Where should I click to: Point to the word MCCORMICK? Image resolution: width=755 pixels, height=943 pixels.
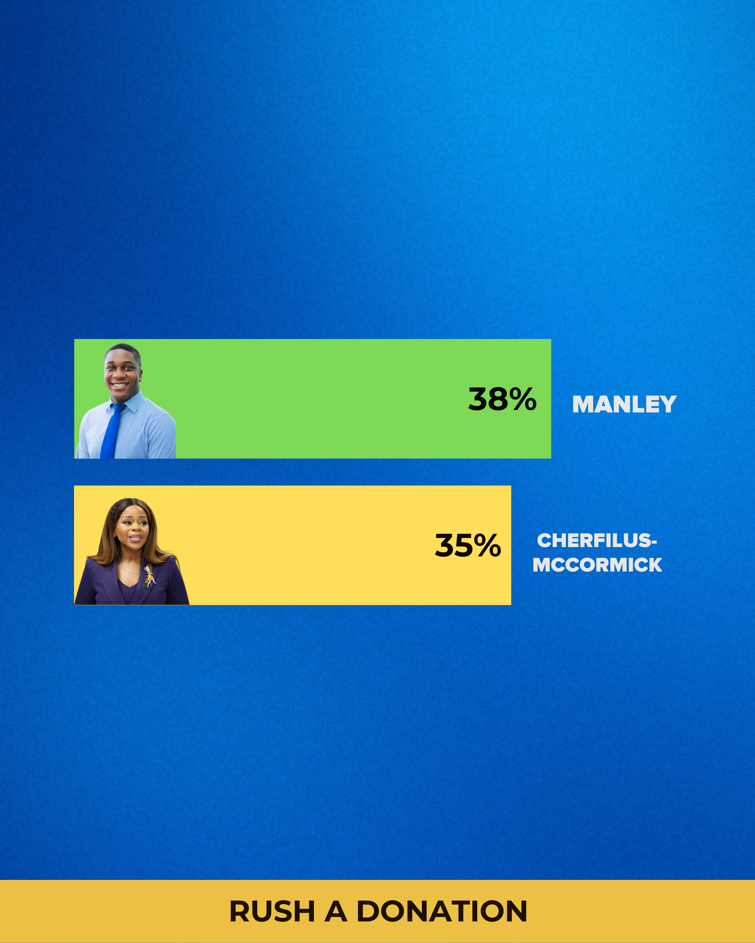[597, 565]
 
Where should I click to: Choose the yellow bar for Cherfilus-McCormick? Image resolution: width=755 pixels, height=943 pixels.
[292, 545]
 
